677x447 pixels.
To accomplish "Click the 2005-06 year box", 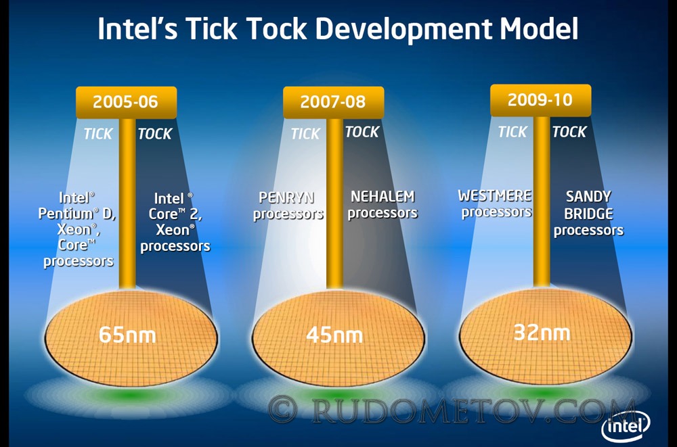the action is [x=126, y=102].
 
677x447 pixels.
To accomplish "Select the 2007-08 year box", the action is [x=333, y=102].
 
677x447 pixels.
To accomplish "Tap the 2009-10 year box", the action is [x=540, y=101].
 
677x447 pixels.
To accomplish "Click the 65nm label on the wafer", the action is [x=127, y=335].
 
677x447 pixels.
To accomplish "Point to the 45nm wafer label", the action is [x=334, y=335].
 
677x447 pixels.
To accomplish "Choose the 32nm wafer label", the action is [x=542, y=333].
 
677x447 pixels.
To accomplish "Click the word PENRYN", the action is [x=286, y=197].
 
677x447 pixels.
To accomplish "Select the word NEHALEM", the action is [x=383, y=197].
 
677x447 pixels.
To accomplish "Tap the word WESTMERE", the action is [x=495, y=196].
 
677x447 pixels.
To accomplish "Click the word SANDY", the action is [x=588, y=197].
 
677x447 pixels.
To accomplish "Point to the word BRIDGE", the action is [x=588, y=214].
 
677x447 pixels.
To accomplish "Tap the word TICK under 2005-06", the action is [x=98, y=134].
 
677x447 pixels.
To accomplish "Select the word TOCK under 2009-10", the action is [x=569, y=132].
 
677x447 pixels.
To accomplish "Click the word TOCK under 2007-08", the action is [x=362, y=132].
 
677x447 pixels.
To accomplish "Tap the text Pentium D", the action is [x=77, y=214].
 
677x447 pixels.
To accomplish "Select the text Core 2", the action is [x=175, y=214].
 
